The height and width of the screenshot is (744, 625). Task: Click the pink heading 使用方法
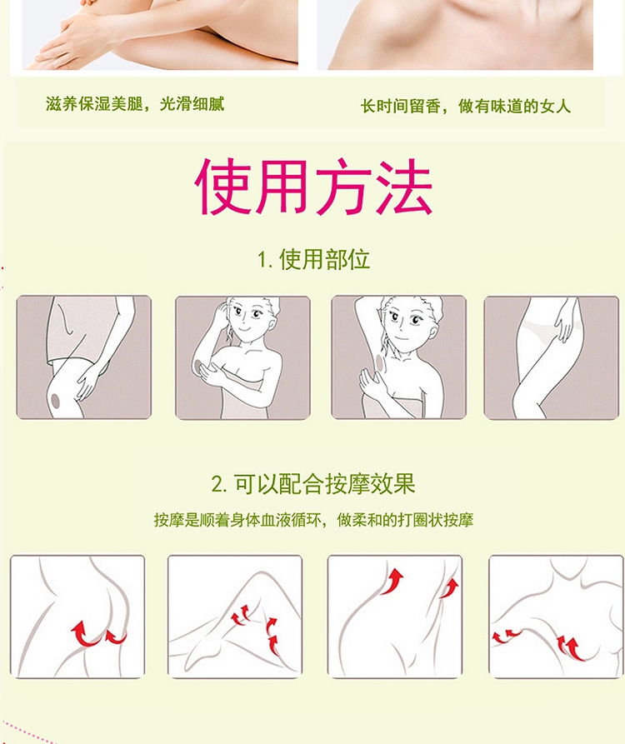pos(313,186)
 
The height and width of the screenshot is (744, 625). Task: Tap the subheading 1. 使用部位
pos(313,259)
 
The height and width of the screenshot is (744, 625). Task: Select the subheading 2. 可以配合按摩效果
pos(313,484)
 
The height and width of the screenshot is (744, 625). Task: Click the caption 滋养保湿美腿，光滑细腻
pos(135,103)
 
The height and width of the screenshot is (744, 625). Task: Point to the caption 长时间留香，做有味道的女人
pos(466,106)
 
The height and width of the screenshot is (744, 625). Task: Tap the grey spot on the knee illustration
pos(56,401)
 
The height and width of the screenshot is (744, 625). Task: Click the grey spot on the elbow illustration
pos(198,366)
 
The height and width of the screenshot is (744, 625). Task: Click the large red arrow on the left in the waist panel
pos(392,581)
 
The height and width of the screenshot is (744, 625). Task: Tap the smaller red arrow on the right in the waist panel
pos(449,588)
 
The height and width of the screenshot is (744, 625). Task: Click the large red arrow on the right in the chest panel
pos(571,648)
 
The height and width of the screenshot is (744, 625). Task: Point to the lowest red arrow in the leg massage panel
pos(273,644)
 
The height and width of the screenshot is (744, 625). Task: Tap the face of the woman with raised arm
pos(403,321)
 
